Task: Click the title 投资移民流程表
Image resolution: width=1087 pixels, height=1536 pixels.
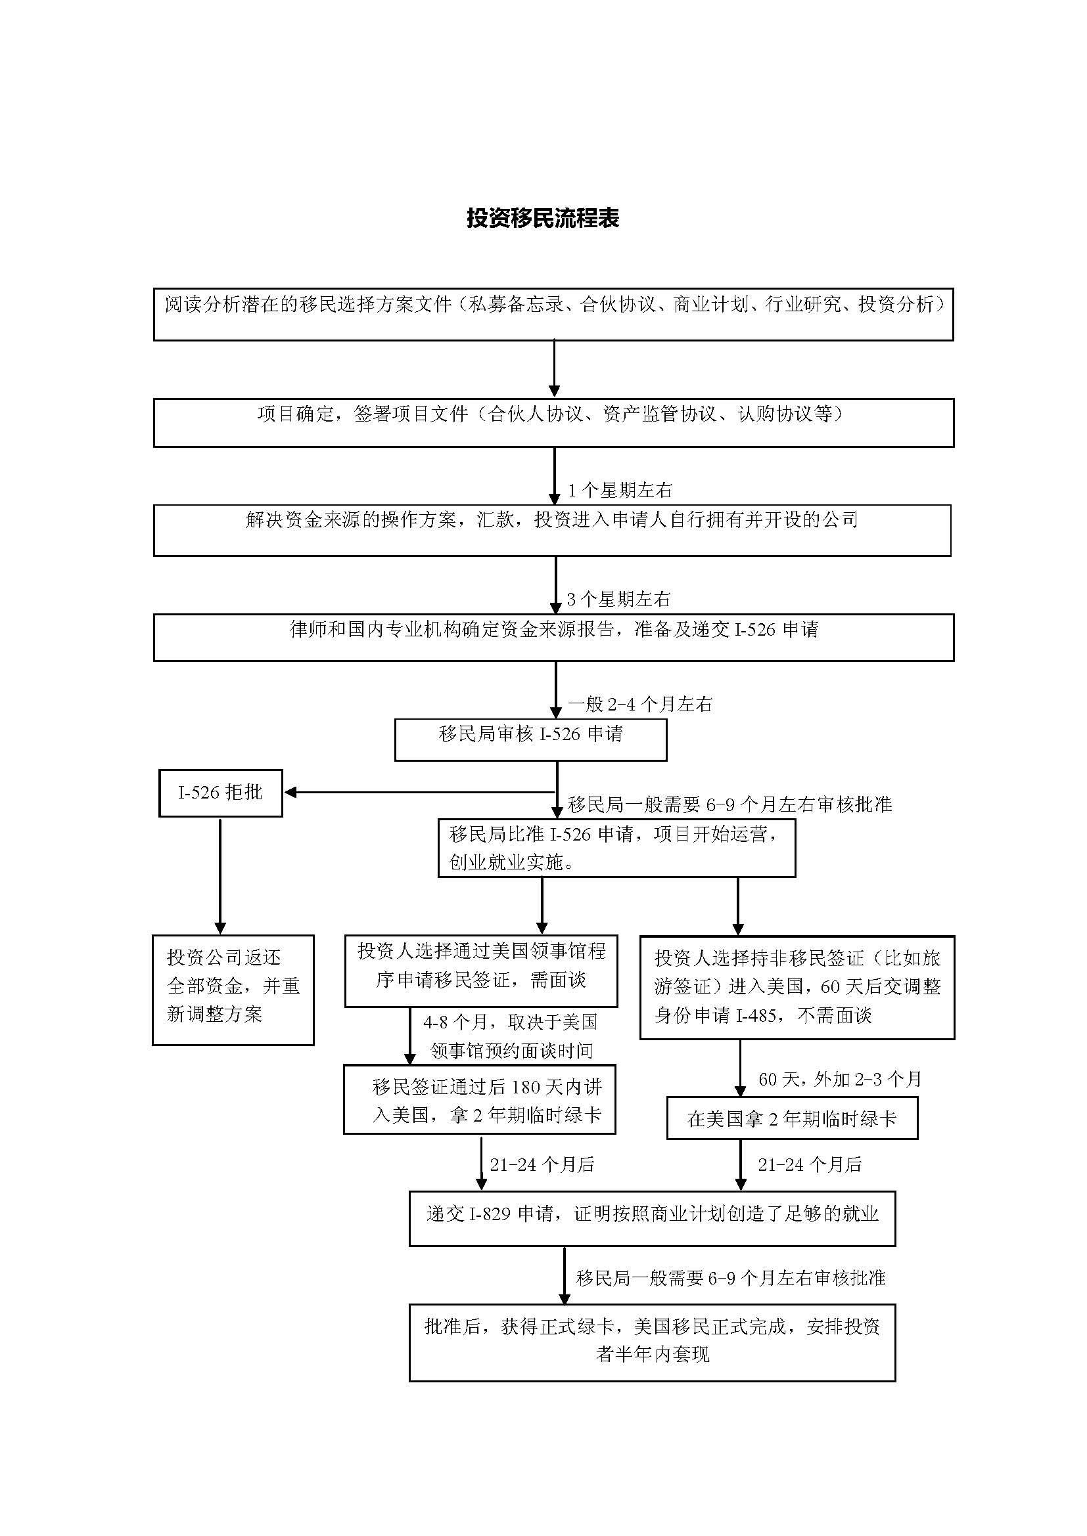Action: click(x=543, y=218)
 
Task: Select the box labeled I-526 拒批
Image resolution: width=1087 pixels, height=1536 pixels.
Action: click(x=220, y=793)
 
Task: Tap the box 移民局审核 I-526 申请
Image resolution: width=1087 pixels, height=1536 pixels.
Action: click(x=530, y=739)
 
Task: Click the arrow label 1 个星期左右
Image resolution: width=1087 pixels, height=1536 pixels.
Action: click(x=620, y=491)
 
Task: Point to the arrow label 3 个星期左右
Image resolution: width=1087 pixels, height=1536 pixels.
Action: click(x=618, y=600)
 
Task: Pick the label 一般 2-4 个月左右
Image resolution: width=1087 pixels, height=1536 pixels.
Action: click(x=640, y=704)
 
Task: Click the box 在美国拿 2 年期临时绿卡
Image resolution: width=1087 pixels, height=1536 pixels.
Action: click(x=792, y=1118)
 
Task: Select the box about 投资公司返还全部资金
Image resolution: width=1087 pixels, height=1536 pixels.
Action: click(x=233, y=990)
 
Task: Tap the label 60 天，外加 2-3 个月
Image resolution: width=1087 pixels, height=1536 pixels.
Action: click(x=839, y=1079)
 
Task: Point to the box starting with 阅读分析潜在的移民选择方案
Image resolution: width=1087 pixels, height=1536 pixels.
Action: click(x=553, y=315)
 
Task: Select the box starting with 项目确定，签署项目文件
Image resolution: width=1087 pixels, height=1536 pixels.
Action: click(x=553, y=423)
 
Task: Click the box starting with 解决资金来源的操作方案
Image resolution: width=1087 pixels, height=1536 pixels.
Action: click(x=552, y=530)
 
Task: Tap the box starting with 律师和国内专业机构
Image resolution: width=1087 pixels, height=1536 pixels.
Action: click(x=553, y=638)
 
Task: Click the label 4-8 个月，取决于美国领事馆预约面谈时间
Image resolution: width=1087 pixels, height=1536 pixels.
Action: click(x=511, y=1036)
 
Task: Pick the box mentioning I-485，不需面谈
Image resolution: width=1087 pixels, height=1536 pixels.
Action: click(x=797, y=987)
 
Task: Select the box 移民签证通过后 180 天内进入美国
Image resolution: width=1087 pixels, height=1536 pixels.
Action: click(x=479, y=1101)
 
